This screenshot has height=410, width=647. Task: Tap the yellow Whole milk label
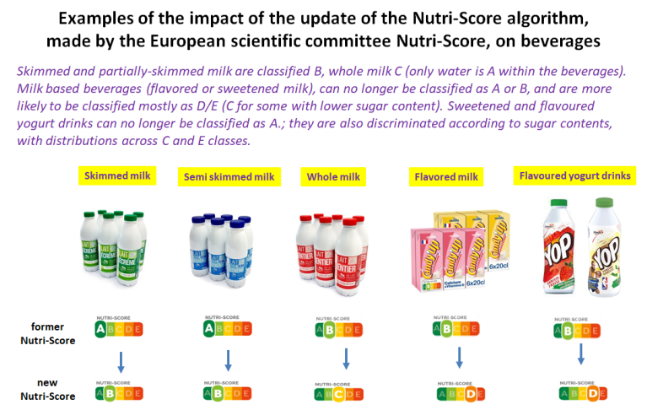pos(331,177)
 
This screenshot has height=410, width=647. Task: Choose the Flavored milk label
pos(446,178)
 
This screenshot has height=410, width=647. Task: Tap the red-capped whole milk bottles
pos(331,247)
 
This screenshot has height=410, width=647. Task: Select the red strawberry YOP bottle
pos(557,246)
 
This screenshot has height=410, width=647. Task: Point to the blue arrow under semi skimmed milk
pos(228,360)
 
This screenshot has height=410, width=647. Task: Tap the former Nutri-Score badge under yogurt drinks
pos(581,330)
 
